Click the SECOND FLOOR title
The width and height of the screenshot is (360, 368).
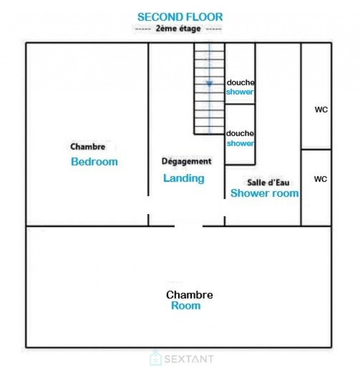tap(180, 17)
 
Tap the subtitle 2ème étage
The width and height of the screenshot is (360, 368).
tap(179, 29)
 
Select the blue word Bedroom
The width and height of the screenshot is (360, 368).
tap(95, 162)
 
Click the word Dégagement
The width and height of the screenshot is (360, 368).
tap(186, 161)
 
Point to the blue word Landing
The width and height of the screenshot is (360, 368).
tap(184, 178)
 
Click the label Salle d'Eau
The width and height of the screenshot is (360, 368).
tap(268, 182)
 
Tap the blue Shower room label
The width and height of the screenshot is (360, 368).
tap(265, 193)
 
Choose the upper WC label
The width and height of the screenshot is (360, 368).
tap(321, 109)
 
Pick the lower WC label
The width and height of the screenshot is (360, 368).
tap(320, 179)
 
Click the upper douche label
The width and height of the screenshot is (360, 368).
tap(241, 83)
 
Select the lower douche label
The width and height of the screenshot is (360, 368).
tap(240, 133)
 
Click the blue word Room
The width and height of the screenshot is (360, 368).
tap(186, 306)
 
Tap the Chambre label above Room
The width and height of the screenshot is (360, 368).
tap(189, 295)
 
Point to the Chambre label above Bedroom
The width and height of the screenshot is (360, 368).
tap(88, 147)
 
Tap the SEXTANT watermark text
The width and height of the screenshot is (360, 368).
tap(189, 359)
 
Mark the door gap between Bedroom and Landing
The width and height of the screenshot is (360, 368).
tap(148, 205)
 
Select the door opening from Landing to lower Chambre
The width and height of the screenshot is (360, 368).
tap(189, 226)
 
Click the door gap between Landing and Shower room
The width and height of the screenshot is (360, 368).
tap(225, 208)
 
